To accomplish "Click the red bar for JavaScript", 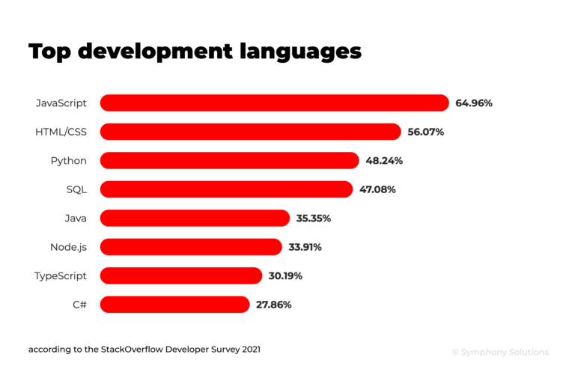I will (x=274, y=103).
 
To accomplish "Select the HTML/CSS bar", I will (x=250, y=132).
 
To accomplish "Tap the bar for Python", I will (x=229, y=160).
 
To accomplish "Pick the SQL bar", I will (x=226, y=189).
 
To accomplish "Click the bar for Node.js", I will (x=191, y=247).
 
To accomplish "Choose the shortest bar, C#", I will (x=174, y=305).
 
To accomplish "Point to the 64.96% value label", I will (x=474, y=103).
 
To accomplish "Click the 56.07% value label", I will (x=426, y=132).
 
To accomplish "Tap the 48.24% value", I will (x=384, y=160).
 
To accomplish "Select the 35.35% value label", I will (x=314, y=219).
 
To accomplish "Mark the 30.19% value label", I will (x=285, y=276).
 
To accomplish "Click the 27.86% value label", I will (x=273, y=305).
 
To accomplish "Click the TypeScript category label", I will (x=61, y=276).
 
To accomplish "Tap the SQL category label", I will (x=76, y=189).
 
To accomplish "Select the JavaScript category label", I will (x=61, y=103).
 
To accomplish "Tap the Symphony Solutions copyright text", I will (x=500, y=352).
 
